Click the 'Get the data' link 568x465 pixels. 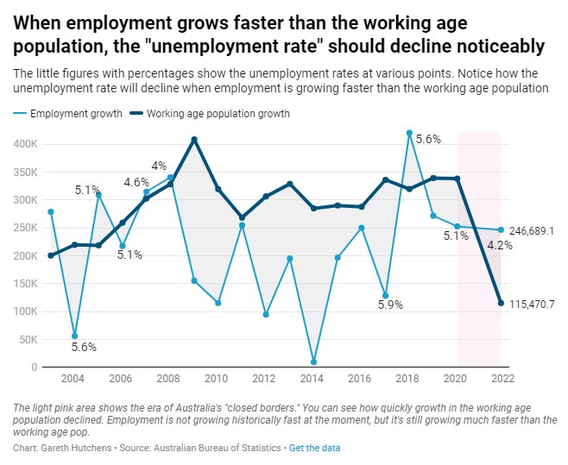tap(314, 449)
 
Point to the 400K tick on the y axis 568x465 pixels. tap(25, 145)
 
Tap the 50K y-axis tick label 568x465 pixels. tap(28, 340)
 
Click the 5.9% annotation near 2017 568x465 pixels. tap(390, 304)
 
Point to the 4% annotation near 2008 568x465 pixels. tap(159, 166)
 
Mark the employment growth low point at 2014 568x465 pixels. tap(313, 362)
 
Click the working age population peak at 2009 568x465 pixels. tap(194, 140)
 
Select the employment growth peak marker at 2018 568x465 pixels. tap(409, 133)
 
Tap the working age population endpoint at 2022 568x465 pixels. tap(501, 303)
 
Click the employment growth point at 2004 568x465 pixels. tap(74, 336)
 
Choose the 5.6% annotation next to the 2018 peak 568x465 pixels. tap(428, 139)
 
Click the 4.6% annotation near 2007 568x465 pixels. tap(136, 182)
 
